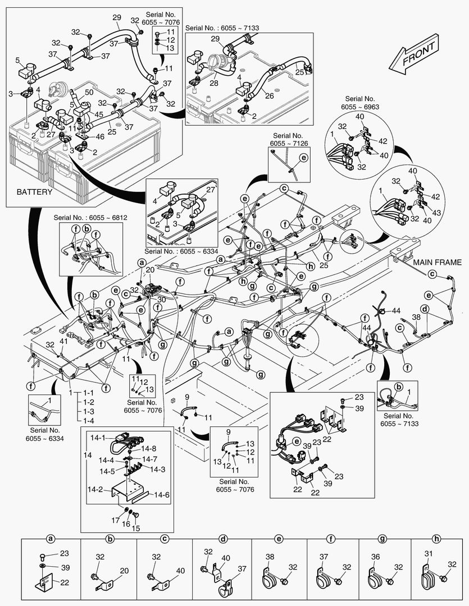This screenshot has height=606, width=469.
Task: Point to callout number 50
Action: pos(89,91)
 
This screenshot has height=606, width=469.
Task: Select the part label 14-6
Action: pos(162,494)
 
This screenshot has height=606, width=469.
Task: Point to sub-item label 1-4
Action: pos(88,421)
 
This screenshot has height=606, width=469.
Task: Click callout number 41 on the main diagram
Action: pos(63,341)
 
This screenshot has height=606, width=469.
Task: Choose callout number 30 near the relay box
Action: pos(161,300)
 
